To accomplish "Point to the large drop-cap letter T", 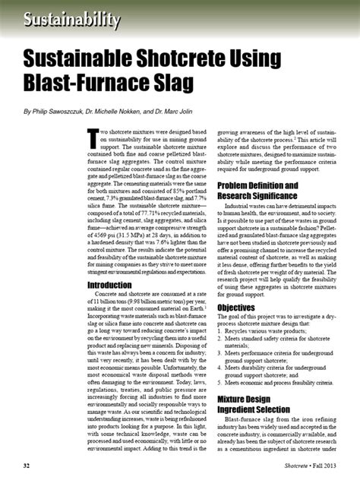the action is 93,137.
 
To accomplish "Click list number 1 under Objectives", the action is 221,331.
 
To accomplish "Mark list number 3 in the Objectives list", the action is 221,352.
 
